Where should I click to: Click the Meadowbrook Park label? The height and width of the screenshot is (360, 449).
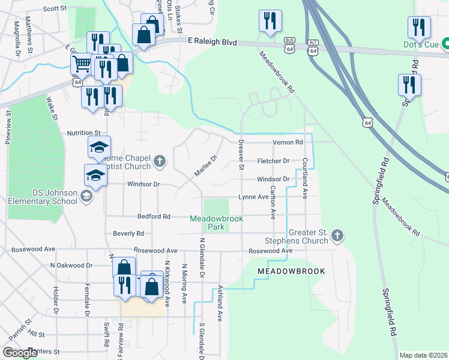216,223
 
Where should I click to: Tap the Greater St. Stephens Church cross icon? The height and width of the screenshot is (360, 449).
337,235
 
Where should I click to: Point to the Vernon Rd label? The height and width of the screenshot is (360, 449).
288,142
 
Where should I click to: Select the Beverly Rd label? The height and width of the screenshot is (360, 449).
128,233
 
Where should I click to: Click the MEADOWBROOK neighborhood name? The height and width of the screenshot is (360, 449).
291,271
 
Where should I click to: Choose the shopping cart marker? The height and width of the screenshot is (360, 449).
82,64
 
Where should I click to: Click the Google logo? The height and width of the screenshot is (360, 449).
20,353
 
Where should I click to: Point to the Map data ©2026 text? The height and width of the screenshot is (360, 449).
423,355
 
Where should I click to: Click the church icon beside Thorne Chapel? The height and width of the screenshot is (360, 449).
160,160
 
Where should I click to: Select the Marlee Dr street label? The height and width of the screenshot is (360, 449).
205,166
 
